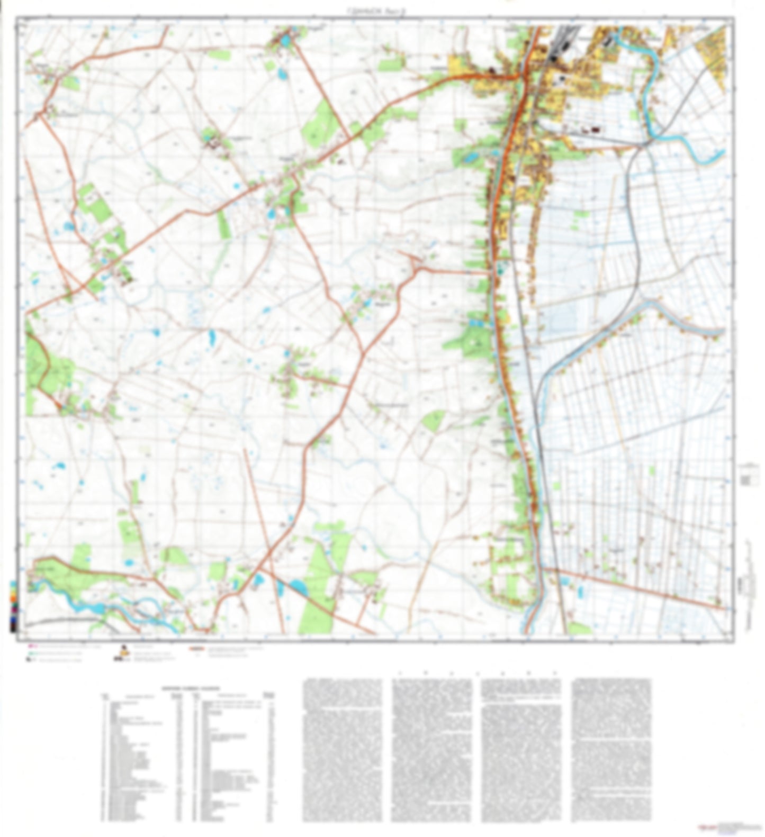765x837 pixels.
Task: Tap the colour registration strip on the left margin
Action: (x=13, y=606)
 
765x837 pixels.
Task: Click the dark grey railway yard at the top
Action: (x=559, y=45)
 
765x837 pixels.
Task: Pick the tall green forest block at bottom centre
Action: (x=318, y=582)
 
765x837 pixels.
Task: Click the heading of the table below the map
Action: (x=188, y=688)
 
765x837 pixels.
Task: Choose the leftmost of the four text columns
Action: (x=342, y=757)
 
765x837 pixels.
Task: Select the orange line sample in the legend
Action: (x=196, y=648)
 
